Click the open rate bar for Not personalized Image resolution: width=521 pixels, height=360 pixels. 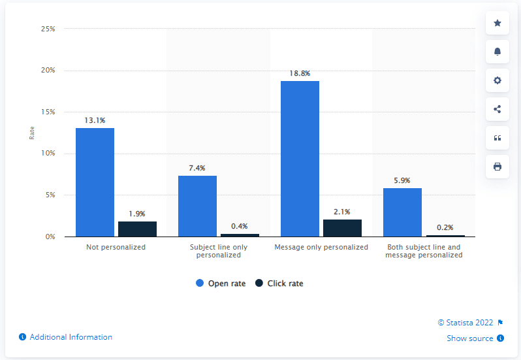[95, 182]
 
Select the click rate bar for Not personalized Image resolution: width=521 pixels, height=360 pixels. [137, 229]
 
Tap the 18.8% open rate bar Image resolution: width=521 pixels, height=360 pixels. [300, 159]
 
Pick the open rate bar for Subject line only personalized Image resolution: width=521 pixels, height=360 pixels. [197, 206]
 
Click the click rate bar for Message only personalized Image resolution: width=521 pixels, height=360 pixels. [342, 228]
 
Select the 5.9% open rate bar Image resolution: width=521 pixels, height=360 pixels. [402, 212]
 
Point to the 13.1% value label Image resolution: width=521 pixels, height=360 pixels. [95, 120]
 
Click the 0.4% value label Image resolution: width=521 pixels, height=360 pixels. [240, 226]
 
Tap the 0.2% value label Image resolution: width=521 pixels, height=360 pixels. [445, 227]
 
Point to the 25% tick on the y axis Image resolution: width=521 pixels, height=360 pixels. [48, 29]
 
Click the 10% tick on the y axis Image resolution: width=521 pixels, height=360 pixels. [48, 154]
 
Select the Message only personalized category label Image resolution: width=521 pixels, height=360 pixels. [321, 247]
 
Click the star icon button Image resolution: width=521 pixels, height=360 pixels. [497, 24]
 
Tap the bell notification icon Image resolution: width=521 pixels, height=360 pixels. [497, 52]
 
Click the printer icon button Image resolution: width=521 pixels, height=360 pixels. [497, 167]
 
